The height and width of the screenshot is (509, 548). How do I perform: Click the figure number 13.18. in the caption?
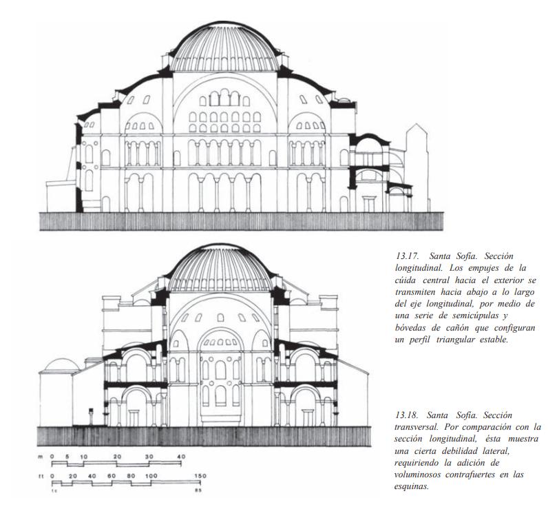tap(407, 415)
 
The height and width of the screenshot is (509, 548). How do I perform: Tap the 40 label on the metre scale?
tap(181, 457)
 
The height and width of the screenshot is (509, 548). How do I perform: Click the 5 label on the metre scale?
tap(67, 457)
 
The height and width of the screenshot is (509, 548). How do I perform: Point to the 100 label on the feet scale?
tap(151, 475)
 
